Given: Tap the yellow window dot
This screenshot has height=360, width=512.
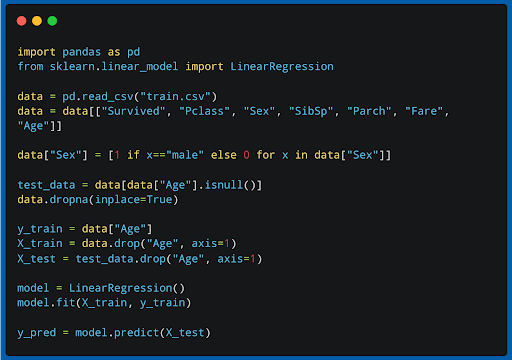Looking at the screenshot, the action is [37, 20].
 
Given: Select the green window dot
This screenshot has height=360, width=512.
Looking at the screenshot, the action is [52, 20].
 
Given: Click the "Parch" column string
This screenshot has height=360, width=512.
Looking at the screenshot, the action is [380, 111].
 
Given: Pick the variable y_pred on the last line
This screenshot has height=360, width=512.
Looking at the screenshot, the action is [37, 332].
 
